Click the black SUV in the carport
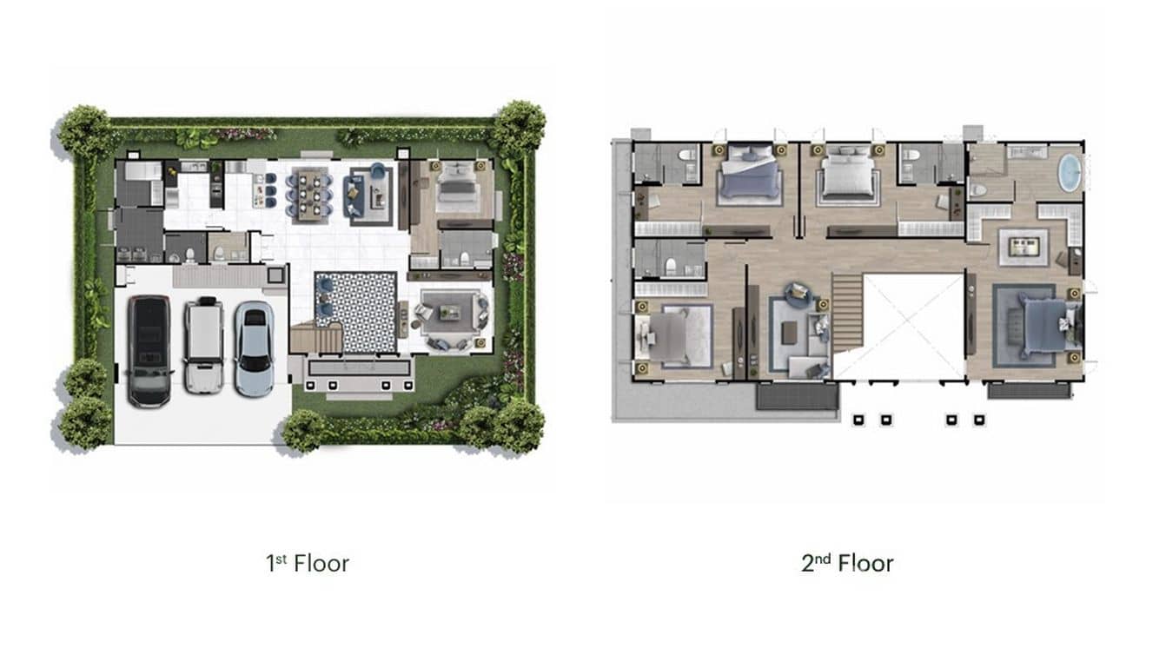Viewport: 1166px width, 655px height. [x=149, y=351]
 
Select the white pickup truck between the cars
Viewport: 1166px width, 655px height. [x=203, y=345]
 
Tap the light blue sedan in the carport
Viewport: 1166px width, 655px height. [x=254, y=348]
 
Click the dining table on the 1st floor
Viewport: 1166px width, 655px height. [x=309, y=190]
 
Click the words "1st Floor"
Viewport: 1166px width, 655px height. [x=308, y=563]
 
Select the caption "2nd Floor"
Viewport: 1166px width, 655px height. [x=847, y=563]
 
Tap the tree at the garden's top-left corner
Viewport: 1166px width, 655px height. [x=85, y=130]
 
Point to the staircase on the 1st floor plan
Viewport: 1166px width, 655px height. [x=315, y=337]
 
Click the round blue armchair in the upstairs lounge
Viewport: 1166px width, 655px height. [x=799, y=294]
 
